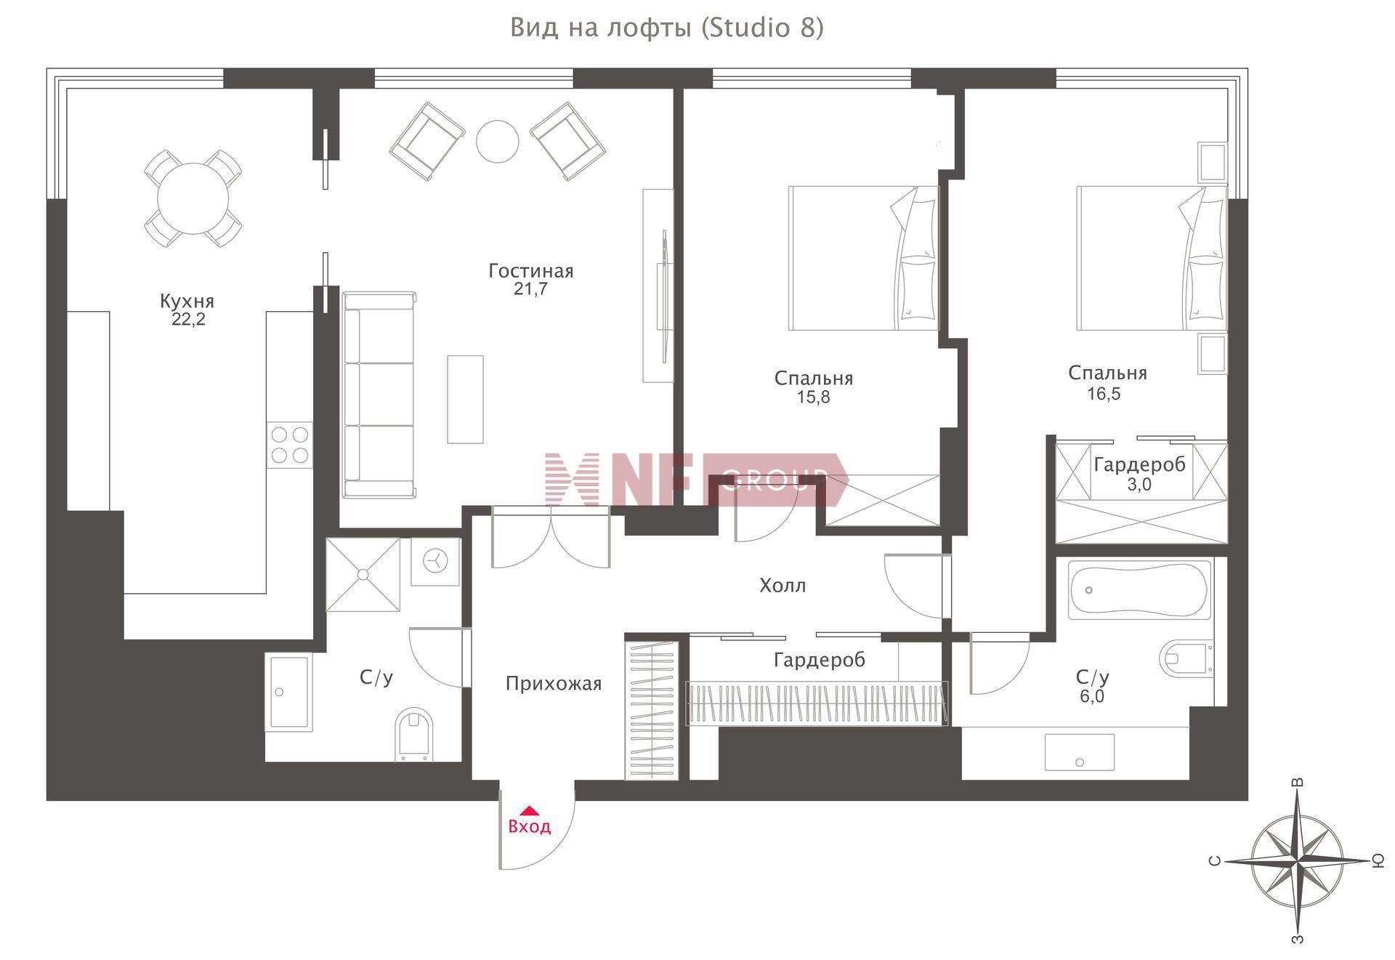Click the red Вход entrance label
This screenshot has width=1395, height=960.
tap(529, 826)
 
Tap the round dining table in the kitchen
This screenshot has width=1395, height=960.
tap(193, 198)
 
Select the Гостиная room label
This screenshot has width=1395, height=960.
tap(531, 271)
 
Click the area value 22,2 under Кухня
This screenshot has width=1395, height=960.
tap(188, 319)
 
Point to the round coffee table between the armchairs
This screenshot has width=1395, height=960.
tap(498, 141)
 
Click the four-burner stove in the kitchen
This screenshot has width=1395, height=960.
tap(289, 445)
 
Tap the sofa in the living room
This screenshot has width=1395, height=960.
tap(379, 395)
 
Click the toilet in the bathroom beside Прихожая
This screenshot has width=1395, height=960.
tap(414, 733)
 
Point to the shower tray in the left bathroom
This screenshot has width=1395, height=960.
tap(363, 575)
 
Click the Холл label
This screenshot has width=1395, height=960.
tap(783, 585)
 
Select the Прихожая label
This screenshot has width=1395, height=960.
tap(554, 684)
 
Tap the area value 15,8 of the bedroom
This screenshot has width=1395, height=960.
tap(813, 398)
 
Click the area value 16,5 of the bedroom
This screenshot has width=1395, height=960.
tap(1104, 394)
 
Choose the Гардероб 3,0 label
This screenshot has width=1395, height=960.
tap(1139, 474)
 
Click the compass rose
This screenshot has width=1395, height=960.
tap(1297, 860)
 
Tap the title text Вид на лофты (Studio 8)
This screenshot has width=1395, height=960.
tap(667, 28)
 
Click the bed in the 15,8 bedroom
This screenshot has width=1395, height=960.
tap(864, 258)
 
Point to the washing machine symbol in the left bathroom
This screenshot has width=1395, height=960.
tap(435, 561)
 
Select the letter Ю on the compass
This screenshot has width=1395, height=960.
tap(1378, 861)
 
